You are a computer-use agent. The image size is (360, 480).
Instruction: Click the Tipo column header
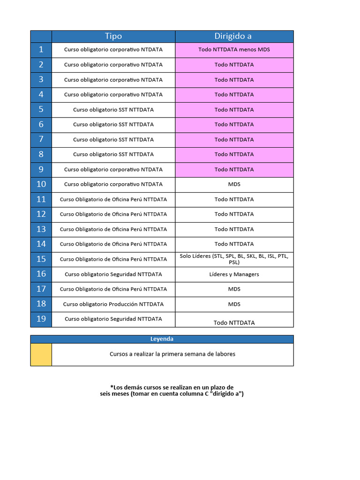click(113, 37)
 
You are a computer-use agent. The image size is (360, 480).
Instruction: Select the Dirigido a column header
click(233, 37)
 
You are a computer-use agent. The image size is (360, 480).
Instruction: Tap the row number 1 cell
click(41, 50)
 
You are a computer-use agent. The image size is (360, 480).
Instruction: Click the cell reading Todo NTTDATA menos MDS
click(234, 50)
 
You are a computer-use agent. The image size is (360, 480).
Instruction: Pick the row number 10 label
click(41, 184)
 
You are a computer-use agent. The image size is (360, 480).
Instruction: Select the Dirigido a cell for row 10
click(234, 184)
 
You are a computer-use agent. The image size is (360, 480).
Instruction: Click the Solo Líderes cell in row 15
click(234, 259)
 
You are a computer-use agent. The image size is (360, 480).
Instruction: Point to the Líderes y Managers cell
click(234, 274)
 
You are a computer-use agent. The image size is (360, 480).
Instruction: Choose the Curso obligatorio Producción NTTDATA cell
click(113, 304)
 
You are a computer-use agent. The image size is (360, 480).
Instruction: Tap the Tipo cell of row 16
click(113, 274)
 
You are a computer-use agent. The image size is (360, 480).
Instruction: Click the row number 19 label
click(41, 319)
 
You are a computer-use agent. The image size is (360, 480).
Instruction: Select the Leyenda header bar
click(162, 339)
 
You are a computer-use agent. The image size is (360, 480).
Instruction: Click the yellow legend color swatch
click(41, 354)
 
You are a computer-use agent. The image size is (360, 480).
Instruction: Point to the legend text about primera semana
click(172, 354)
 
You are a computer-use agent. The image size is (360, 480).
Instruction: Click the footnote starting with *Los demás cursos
click(172, 390)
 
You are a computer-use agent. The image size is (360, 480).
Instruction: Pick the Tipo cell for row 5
click(113, 110)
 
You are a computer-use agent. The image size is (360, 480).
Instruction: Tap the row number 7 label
click(41, 139)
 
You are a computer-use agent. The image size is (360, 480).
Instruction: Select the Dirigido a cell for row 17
click(234, 289)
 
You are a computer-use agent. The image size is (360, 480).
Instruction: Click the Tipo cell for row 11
click(113, 199)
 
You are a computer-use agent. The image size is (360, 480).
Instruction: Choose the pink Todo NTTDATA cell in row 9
click(234, 169)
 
